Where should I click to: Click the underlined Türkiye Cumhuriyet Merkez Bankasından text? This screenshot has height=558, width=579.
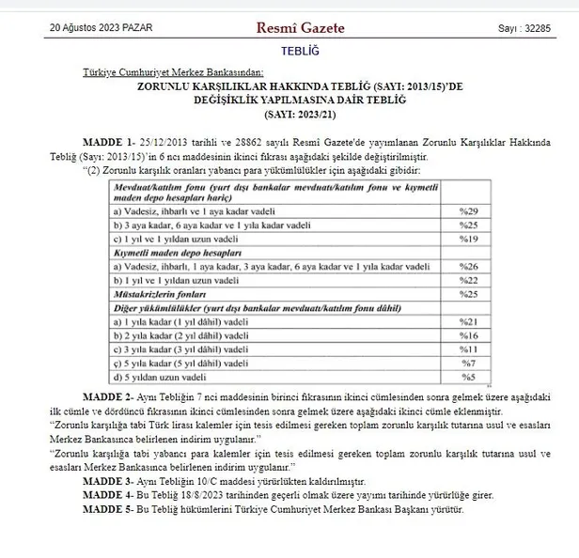[x=173, y=71]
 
